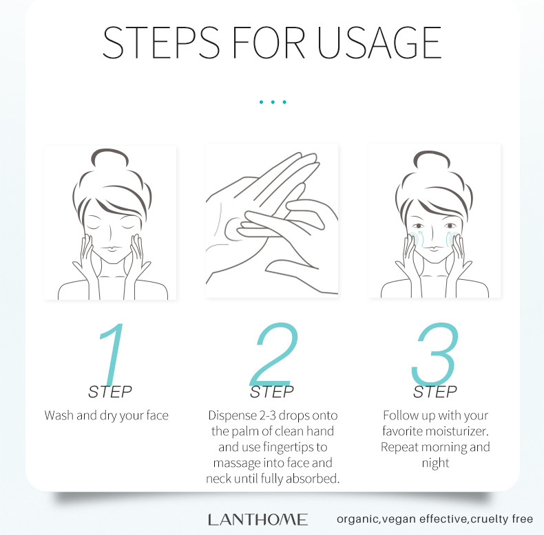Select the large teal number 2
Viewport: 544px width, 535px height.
tap(273, 354)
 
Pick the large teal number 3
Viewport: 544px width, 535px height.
tap(434, 354)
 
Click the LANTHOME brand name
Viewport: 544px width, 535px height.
tap(258, 520)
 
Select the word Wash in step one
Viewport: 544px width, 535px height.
tap(59, 415)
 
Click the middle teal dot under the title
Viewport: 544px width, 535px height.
tap(273, 102)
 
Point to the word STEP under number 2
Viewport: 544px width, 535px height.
tap(272, 393)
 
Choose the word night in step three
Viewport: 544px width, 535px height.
tap(435, 463)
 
